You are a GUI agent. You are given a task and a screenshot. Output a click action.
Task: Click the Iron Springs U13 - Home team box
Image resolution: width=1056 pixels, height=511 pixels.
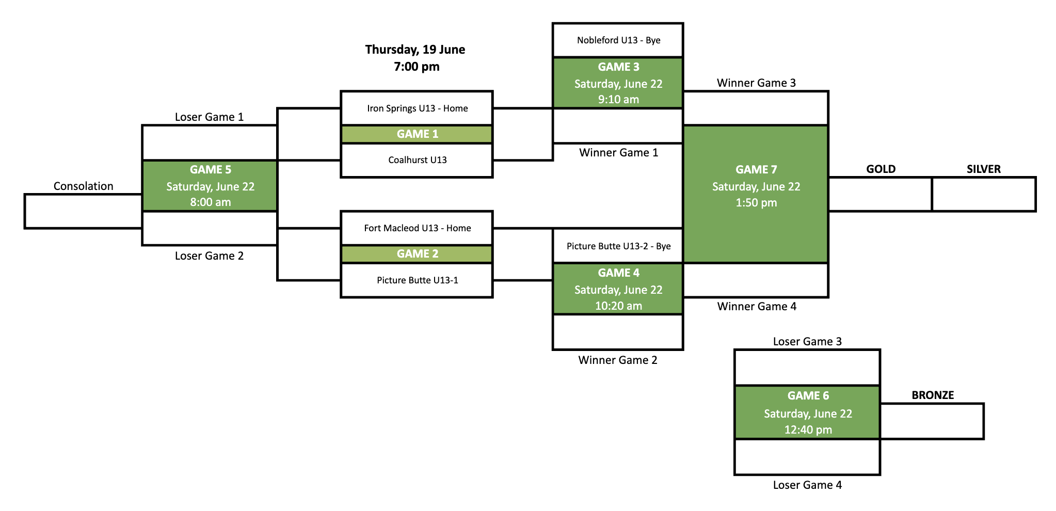tap(417, 108)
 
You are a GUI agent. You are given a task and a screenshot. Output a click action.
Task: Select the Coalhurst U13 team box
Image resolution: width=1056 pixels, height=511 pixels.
tap(417, 160)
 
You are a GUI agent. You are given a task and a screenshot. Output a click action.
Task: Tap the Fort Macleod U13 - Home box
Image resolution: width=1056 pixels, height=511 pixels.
tap(417, 228)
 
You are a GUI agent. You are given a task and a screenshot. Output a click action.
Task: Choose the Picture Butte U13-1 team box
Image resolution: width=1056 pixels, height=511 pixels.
tap(417, 280)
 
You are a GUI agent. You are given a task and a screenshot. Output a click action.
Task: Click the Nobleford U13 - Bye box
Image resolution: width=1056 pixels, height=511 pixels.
tap(618, 40)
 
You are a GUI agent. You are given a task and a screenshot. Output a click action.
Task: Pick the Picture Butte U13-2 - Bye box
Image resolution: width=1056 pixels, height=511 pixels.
tap(618, 246)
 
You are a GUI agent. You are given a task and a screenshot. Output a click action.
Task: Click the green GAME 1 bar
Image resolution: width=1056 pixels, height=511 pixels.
tap(417, 134)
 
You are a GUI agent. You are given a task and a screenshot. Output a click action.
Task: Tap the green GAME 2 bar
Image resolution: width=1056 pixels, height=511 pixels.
tap(417, 254)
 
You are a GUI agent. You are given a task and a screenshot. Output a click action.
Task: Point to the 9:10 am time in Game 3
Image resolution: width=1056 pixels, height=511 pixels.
tap(618, 100)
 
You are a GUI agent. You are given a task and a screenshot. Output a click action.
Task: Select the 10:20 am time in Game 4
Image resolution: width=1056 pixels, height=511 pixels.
tap(618, 306)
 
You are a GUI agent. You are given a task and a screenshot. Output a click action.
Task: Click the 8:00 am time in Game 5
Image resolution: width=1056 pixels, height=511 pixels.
tap(210, 202)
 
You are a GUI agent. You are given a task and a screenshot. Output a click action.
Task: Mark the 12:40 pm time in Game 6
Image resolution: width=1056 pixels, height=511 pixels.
tap(808, 430)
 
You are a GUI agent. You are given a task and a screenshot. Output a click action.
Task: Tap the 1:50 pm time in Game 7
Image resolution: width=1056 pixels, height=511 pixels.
tap(756, 203)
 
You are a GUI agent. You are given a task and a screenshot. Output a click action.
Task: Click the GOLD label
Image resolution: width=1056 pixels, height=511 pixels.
tap(881, 169)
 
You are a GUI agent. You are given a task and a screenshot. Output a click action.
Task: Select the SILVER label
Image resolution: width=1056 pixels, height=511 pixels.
tap(983, 169)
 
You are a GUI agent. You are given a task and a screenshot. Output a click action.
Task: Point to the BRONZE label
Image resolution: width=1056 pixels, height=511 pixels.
tap(933, 395)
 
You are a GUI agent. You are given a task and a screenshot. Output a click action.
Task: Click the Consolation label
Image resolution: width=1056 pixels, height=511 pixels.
tap(83, 186)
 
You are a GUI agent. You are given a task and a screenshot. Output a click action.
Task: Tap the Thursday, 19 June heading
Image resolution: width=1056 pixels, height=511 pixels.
tap(415, 50)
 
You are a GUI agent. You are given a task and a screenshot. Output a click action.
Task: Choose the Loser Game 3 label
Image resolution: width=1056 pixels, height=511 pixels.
tap(807, 342)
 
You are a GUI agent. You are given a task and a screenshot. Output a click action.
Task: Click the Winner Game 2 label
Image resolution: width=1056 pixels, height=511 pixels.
tap(618, 360)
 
